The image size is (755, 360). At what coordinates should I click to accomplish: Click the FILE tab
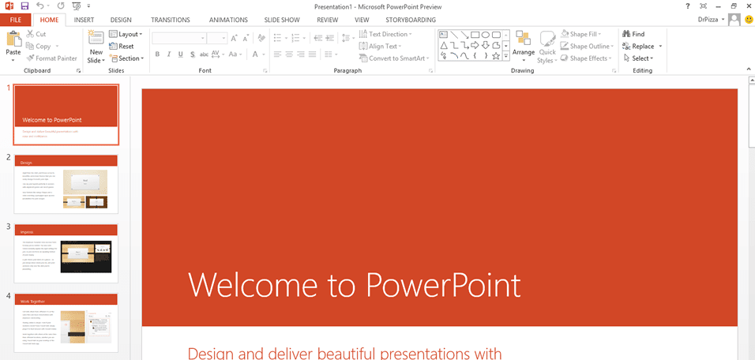click(16, 19)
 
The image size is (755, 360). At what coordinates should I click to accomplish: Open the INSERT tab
click(84, 19)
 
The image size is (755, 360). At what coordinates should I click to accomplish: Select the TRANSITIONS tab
click(171, 19)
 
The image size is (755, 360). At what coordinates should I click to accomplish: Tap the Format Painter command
click(56, 58)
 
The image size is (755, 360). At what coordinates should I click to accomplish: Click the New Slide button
click(96, 47)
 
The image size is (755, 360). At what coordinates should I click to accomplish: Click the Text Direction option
click(388, 34)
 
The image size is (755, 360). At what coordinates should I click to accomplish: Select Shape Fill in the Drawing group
click(583, 34)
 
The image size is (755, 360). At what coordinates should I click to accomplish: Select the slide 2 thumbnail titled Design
click(66, 182)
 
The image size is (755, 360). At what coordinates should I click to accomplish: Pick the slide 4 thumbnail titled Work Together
click(66, 322)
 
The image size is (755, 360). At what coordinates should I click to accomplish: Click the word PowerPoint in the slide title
click(442, 285)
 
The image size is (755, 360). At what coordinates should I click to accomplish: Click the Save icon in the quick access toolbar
click(24, 6)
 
